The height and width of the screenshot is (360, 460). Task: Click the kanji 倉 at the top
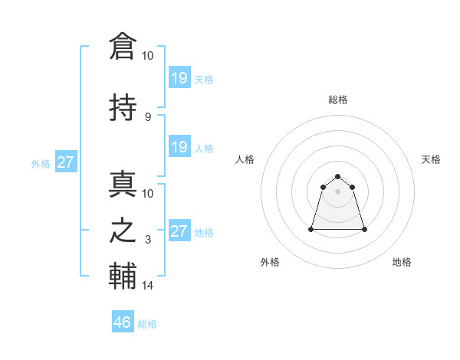click(123, 46)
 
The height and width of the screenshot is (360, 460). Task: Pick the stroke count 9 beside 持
click(148, 116)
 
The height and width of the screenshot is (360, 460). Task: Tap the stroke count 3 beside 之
click(148, 240)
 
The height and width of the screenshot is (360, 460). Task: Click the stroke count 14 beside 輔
click(148, 286)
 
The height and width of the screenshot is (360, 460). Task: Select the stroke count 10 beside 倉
click(148, 56)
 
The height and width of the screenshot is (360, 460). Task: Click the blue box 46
click(123, 322)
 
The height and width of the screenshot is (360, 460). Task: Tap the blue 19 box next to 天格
click(179, 77)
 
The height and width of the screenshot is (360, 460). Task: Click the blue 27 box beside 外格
click(66, 162)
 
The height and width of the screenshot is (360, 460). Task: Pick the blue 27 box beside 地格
click(179, 231)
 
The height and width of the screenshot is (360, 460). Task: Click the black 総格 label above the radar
click(338, 100)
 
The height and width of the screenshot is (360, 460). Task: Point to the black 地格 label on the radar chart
click(402, 262)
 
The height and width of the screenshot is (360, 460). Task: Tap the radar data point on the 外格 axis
click(311, 229)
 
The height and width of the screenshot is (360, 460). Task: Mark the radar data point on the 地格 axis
click(364, 229)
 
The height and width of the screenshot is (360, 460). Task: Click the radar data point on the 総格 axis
click(338, 176)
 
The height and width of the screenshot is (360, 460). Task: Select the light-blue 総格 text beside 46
click(147, 324)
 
